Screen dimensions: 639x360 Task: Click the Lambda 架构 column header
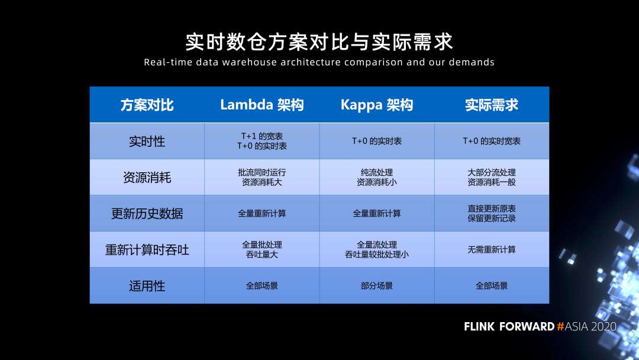[262, 105]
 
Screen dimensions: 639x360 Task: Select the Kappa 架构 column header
[376, 105]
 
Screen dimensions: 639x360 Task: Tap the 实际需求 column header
[492, 105]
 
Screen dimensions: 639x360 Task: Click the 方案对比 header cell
[147, 105]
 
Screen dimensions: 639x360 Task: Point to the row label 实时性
[147, 141]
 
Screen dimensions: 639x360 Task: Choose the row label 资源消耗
[147, 178]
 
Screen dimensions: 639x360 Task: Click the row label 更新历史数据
[147, 213]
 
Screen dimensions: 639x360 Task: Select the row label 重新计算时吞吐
[147, 249]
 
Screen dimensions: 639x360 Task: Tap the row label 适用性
[147, 286]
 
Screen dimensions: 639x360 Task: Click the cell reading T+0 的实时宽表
[492, 141]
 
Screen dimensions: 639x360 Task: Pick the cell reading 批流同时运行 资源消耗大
[262, 178]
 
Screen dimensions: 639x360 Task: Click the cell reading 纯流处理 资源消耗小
[376, 178]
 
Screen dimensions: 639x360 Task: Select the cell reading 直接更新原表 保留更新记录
[492, 213]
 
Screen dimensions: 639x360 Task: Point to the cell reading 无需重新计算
[492, 249]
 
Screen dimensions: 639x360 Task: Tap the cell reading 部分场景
[376, 286]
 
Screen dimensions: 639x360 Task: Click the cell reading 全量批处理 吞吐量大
[262, 249]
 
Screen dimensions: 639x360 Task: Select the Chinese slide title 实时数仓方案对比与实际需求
[319, 41]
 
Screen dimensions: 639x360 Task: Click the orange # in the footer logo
[560, 326]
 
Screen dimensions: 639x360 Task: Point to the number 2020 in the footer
[603, 326]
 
